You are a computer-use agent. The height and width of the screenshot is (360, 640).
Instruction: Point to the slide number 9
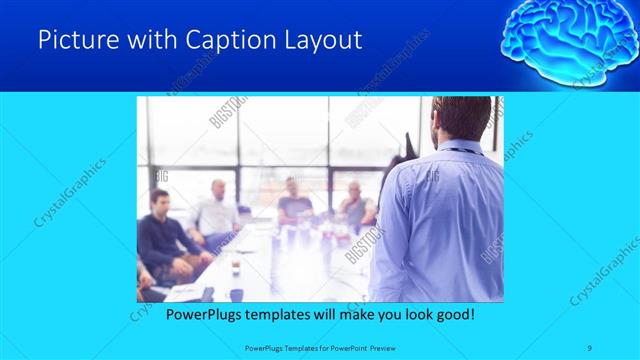pyautogui.click(x=590, y=347)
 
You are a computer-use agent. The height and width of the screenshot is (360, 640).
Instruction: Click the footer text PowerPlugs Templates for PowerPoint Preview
pyautogui.click(x=320, y=347)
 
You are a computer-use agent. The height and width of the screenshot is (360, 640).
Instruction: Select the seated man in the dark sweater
pyautogui.click(x=162, y=235)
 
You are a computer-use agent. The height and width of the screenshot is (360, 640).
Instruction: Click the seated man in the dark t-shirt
pyautogui.click(x=296, y=200)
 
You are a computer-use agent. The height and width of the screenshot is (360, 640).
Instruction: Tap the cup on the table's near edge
pyautogui.click(x=237, y=294)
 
